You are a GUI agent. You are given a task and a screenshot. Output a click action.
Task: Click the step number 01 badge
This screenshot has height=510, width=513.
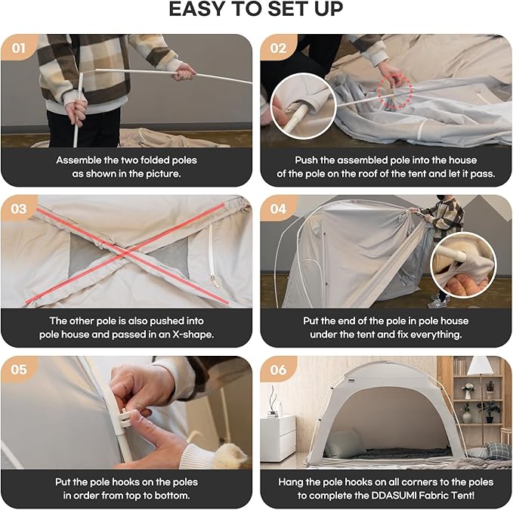19,48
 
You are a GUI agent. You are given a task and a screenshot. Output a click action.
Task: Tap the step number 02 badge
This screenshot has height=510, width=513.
278,48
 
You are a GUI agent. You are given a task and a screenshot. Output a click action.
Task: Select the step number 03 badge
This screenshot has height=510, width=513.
19,209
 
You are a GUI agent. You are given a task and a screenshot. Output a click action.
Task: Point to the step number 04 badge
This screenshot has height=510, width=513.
278,209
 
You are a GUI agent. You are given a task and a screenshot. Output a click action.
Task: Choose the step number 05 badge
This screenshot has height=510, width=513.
19,369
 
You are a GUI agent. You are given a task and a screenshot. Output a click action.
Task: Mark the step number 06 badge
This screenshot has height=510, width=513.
278,369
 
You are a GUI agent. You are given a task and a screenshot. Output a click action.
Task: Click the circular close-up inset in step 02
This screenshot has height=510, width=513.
303,106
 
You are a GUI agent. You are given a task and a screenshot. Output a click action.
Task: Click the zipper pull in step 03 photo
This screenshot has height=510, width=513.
215,281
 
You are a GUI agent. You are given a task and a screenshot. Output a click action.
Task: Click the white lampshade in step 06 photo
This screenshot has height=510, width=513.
480,366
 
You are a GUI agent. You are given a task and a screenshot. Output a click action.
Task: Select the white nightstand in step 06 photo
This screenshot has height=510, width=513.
278,438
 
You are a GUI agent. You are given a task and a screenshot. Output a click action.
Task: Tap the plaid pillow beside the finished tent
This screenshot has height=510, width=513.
498,451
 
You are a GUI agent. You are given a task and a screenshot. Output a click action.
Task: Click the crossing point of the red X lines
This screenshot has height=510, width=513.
126,254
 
